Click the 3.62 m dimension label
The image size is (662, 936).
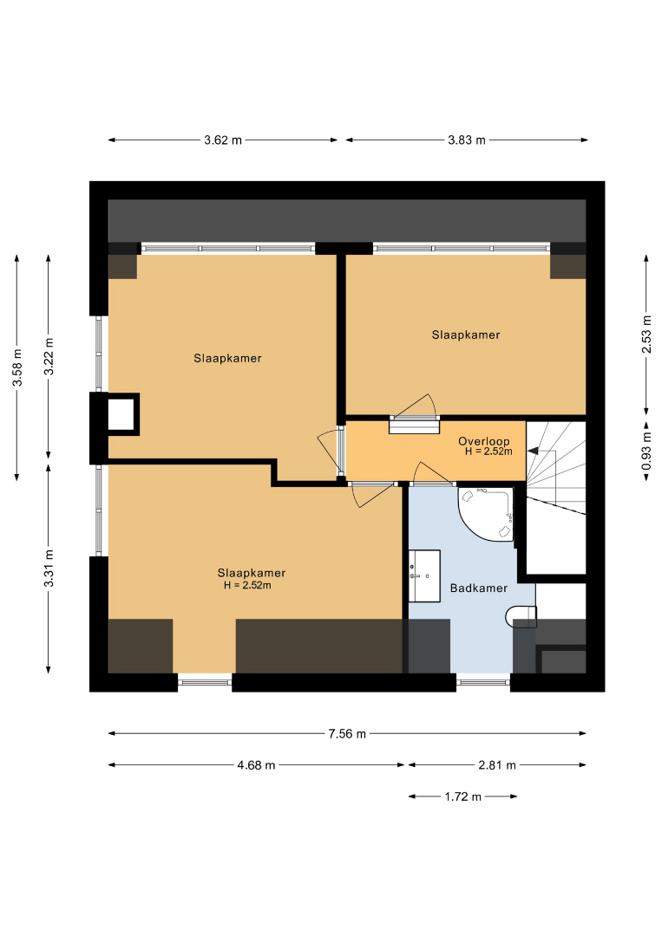[x=223, y=140]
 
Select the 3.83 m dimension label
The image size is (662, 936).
[x=467, y=140]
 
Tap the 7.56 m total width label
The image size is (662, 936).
[x=347, y=734]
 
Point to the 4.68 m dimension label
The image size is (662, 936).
[x=256, y=765]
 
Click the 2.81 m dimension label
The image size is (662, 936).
[x=497, y=765]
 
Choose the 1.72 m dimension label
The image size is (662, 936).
[x=463, y=797]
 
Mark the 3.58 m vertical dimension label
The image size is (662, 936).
[x=18, y=367]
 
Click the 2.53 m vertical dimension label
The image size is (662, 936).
[x=646, y=334]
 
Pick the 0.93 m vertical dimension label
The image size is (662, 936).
[x=646, y=452]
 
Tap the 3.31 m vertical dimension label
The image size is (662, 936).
[x=49, y=568]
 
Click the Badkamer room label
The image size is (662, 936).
[x=479, y=588]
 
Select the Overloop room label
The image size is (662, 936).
[x=484, y=441]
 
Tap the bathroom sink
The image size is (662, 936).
[x=424, y=576]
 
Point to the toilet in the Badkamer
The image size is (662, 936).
[x=521, y=617]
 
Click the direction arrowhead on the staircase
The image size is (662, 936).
[x=532, y=452]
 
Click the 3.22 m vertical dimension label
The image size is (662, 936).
[x=49, y=356]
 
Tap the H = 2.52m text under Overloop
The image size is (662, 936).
[x=488, y=452]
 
